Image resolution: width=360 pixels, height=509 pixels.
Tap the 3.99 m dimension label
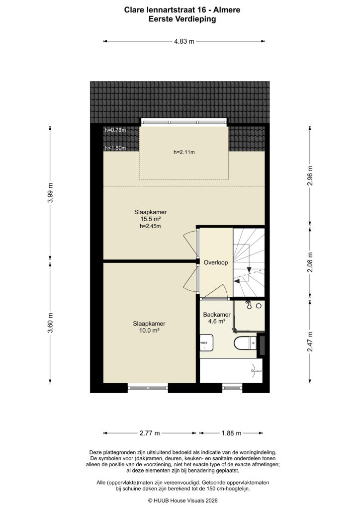click(x=50, y=193)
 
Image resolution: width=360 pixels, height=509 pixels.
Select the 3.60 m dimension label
click(x=50, y=322)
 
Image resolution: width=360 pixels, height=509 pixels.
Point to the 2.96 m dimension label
click(x=310, y=175)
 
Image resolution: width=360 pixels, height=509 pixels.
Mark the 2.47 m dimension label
click(x=310, y=341)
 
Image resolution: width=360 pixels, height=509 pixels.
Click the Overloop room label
click(x=215, y=262)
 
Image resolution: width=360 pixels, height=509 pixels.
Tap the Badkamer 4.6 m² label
click(x=216, y=318)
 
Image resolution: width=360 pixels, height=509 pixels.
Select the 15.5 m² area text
click(x=150, y=219)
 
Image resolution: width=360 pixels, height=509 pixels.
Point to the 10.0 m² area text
click(x=149, y=331)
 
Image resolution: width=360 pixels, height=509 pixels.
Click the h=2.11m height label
click(x=184, y=153)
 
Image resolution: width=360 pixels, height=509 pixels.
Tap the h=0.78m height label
click(x=115, y=130)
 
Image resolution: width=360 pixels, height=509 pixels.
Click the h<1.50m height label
click(x=115, y=148)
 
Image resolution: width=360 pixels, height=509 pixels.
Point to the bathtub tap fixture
click(x=256, y=369)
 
